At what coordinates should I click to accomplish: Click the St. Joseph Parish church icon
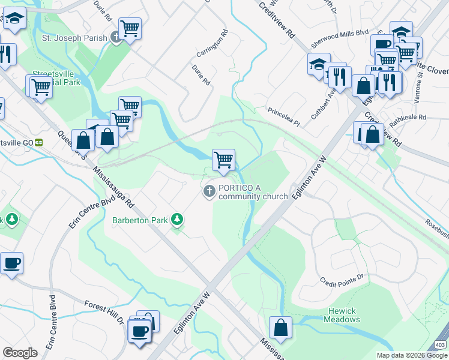117,37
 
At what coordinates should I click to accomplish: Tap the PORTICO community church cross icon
209,191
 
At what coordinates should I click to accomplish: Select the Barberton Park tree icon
176,220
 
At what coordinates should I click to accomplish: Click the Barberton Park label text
140,220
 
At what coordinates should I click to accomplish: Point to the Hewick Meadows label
343,315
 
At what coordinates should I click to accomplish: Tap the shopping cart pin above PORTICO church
223,161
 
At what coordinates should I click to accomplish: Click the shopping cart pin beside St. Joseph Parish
130,28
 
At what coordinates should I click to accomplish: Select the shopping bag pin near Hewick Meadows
280,328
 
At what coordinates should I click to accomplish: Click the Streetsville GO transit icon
39,142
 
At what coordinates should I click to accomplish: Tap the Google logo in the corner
20,353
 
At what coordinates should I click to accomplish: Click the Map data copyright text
411,355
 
